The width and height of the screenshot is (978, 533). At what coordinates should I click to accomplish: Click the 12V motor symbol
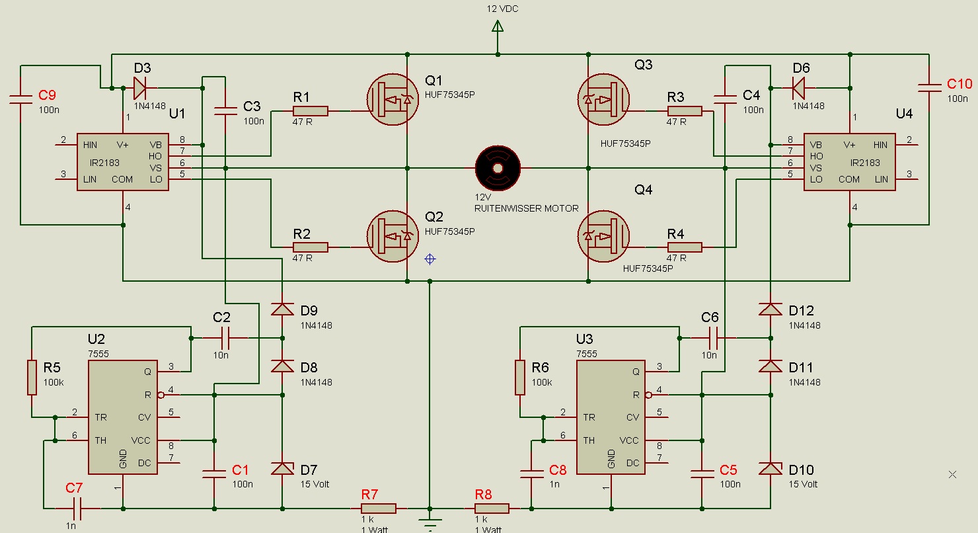498,168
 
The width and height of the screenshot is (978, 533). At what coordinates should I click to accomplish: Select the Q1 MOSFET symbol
393,100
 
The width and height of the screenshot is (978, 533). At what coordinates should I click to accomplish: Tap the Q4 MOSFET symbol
603,236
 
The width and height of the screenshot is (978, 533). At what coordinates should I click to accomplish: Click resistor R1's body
311,111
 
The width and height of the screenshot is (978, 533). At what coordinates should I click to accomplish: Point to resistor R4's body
685,247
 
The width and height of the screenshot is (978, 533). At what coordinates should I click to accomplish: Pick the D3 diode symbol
139,88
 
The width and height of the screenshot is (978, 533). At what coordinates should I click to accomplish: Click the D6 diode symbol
798,88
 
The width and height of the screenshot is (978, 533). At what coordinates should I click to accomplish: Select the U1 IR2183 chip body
123,162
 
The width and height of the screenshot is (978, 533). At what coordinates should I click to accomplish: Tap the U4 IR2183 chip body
850,162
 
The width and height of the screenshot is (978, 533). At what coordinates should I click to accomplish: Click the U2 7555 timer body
123,417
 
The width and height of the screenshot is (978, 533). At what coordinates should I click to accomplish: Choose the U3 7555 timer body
611,417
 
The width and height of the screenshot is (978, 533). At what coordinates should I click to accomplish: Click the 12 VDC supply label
502,9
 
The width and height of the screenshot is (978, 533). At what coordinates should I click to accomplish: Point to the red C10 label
959,84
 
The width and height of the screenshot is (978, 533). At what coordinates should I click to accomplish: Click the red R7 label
369,495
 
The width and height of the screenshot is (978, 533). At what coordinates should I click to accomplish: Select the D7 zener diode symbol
282,469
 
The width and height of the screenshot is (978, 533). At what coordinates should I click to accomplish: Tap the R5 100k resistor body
32,378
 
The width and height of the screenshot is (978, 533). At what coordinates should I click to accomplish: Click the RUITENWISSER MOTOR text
527,208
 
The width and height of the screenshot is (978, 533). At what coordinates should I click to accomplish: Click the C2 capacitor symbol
225,338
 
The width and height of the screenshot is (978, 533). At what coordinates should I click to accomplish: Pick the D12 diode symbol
771,309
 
